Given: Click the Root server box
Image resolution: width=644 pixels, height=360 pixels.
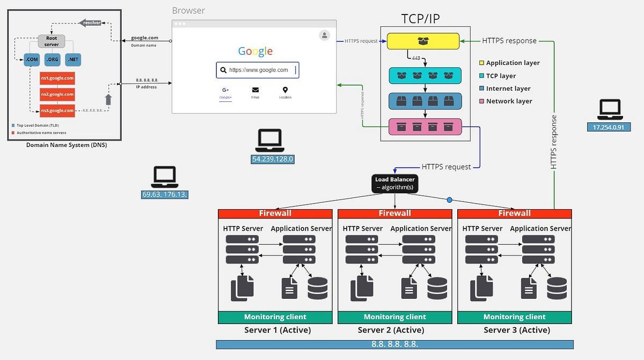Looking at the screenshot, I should pos(51,41).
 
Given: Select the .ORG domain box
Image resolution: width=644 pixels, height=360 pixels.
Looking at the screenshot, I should pos(53,59).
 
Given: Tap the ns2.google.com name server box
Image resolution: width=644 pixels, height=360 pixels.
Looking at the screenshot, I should pos(57,94).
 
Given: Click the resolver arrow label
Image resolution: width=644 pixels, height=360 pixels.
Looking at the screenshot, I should pos(90,23).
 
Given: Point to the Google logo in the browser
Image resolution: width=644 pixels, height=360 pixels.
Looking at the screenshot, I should pos(255,52).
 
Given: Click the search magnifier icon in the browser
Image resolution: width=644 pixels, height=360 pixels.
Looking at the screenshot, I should pos(223,70).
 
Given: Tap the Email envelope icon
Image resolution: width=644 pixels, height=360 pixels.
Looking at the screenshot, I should pos(255,90).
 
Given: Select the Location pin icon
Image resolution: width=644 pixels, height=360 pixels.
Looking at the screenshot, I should pos(285,90).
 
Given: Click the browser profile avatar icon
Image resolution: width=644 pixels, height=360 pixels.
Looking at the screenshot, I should pos(324,35).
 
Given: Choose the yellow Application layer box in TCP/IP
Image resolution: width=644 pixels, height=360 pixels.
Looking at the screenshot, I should pos(423,41).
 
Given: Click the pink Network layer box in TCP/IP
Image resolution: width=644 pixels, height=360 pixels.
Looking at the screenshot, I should pos(425,127).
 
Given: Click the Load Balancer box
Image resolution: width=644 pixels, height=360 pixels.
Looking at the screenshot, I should pos(395,183).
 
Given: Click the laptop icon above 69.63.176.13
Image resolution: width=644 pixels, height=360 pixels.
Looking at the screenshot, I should pos(165,177).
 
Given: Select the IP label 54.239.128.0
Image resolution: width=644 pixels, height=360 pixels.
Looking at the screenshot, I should pos(273,159).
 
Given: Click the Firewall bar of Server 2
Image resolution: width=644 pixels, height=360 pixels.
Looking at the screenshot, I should pos(395,214).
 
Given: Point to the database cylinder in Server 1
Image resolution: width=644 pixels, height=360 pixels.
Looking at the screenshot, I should pos(317,288).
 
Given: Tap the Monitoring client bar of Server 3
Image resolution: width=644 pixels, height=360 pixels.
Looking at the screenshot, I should pos(514,317).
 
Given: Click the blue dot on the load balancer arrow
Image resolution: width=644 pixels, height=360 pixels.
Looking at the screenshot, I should pos(450,200).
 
